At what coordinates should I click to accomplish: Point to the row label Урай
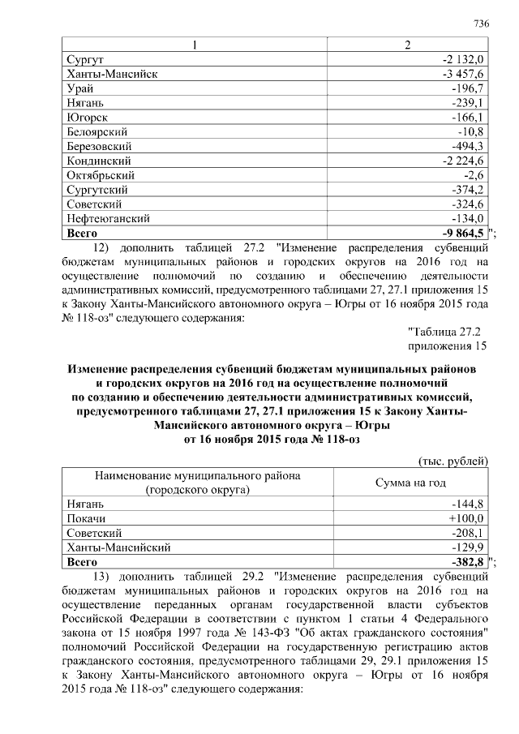(x=79, y=88)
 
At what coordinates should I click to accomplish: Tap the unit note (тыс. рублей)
(x=452, y=461)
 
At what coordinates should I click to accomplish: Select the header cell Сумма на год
(x=410, y=482)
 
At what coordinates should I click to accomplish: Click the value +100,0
(x=465, y=518)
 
